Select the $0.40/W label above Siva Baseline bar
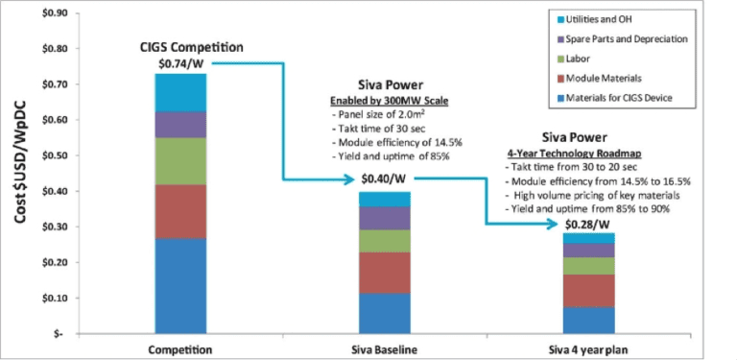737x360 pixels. click(384, 179)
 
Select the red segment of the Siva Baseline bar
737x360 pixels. click(384, 273)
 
